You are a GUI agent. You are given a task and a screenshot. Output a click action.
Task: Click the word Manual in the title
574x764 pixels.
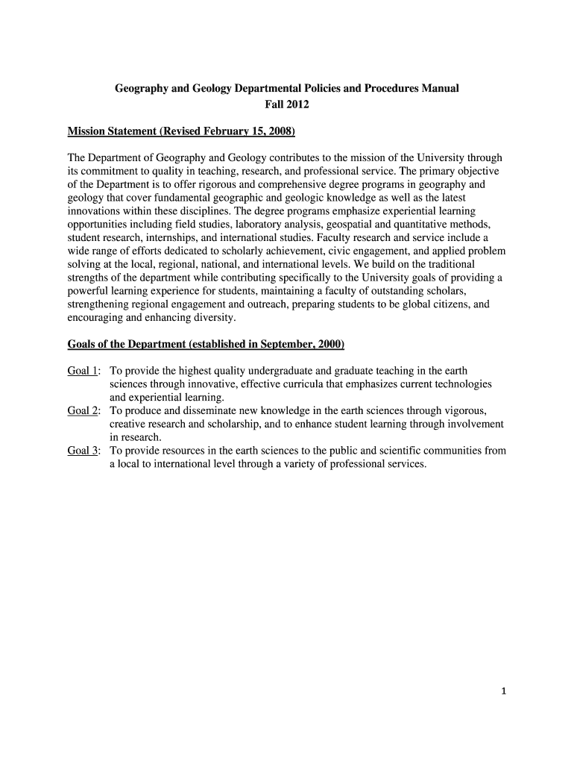(439, 88)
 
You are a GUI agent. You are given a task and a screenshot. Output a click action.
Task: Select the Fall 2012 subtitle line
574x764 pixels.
(287, 104)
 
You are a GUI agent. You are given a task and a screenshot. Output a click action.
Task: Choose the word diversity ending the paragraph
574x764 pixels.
(213, 318)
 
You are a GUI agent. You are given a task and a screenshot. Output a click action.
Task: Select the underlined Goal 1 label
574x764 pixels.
(83, 371)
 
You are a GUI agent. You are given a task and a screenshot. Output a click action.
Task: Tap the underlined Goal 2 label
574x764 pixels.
(83, 411)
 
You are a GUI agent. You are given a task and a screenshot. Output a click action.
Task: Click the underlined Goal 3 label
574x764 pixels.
(83, 451)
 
